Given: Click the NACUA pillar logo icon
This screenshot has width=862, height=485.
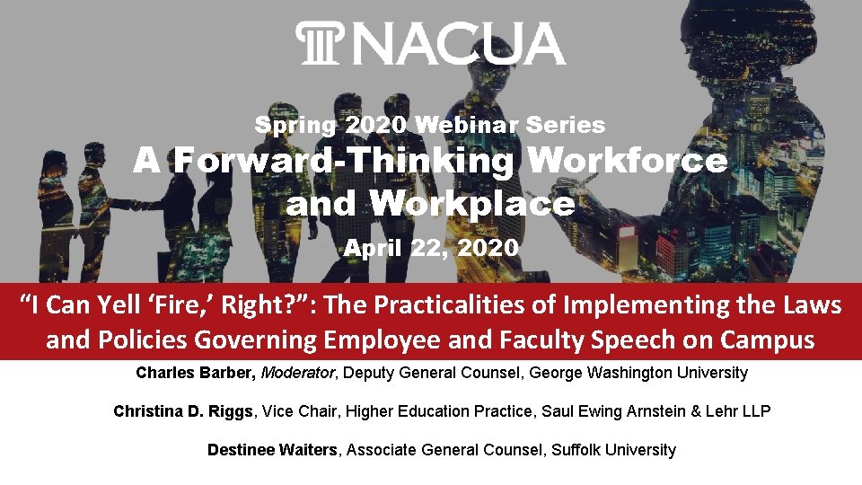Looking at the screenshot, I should coord(316,44).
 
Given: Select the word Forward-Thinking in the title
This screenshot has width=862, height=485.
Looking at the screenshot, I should coord(344,162).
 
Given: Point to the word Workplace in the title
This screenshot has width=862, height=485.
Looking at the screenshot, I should coord(471,204).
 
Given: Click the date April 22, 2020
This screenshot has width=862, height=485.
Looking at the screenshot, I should coord(431,247).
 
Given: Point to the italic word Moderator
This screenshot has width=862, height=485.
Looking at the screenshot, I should coord(293,372).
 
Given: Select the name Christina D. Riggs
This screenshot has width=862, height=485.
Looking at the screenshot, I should coord(185,410).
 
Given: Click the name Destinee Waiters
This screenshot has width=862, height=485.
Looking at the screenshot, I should coord(273,449).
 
